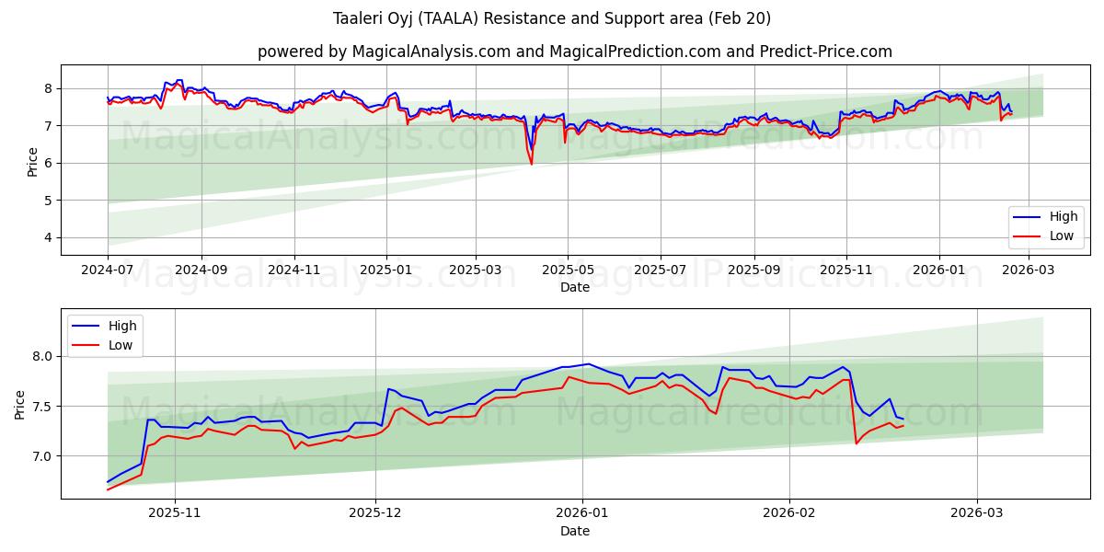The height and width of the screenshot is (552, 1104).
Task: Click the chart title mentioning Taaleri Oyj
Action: pyautogui.click(x=552, y=18)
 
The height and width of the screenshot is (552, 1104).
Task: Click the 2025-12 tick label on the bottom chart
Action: pyautogui.click(x=375, y=514)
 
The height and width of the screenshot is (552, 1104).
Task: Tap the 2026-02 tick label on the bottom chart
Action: pyautogui.click(x=790, y=514)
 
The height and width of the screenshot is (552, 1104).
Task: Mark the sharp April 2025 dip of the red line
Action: pyautogui.click(x=531, y=164)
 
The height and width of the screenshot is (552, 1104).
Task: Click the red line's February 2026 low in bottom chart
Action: pyautogui.click(x=857, y=443)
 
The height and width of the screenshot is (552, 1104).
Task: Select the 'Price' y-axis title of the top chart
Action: pyautogui.click(x=33, y=162)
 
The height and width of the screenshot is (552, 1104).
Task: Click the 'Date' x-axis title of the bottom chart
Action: pyautogui.click(x=574, y=531)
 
